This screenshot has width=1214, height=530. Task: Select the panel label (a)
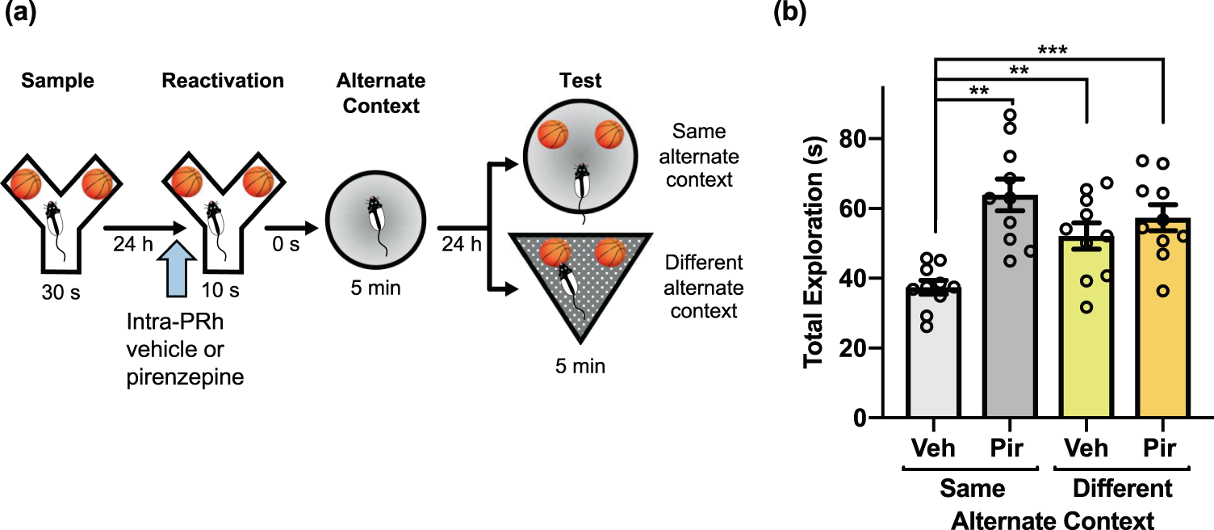[22, 14]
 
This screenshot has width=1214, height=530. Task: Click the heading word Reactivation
[223, 81]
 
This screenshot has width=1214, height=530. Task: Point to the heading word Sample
[57, 81]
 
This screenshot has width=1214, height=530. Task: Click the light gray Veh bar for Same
[934, 355]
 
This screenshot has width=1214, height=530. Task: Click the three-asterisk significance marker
[1049, 50]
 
